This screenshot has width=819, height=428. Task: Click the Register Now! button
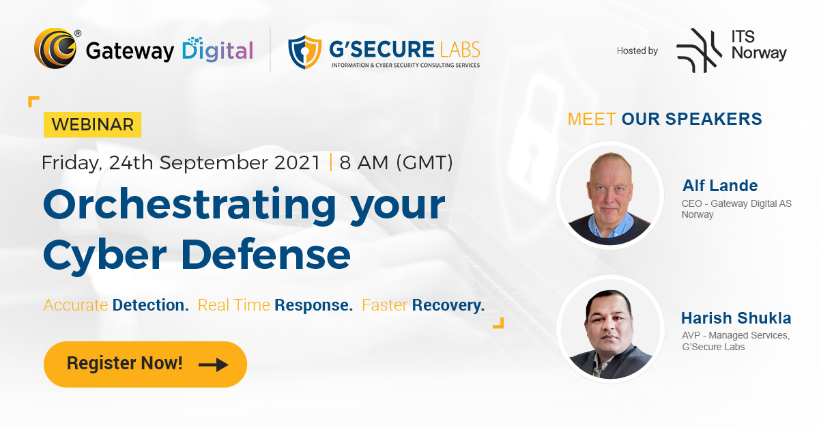(145, 364)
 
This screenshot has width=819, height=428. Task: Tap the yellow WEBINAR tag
(92, 125)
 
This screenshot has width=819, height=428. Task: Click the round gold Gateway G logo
(55, 49)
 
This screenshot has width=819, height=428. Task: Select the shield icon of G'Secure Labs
(304, 53)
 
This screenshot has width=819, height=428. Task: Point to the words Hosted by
(637, 51)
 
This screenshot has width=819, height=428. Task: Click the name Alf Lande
(720, 186)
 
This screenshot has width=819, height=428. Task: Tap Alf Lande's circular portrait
(609, 195)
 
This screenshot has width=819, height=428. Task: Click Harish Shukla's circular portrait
(609, 328)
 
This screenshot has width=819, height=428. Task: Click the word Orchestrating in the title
(190, 204)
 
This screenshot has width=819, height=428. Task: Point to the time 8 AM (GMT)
(396, 162)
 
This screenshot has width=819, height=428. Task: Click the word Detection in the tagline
(150, 305)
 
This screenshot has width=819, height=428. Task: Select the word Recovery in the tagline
(448, 305)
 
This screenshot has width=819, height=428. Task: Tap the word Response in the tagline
(313, 305)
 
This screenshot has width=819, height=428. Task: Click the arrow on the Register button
(213, 365)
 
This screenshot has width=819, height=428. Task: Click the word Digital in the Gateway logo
(217, 51)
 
